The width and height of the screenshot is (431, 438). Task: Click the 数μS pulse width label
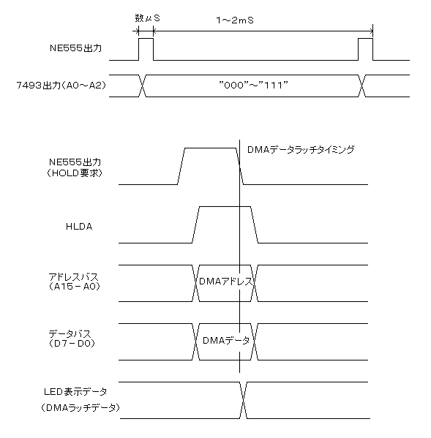tap(147, 18)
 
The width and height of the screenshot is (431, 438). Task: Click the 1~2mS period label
tap(235, 20)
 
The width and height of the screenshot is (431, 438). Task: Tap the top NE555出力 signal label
tap(75, 48)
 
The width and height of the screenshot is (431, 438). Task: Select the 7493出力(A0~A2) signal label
tap(61, 86)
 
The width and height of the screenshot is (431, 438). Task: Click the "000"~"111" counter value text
tap(253, 85)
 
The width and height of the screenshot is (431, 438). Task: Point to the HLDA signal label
tap(79, 227)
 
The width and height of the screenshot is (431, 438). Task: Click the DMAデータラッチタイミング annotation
tap(301, 150)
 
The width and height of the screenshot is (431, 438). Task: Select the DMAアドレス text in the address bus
tap(226, 281)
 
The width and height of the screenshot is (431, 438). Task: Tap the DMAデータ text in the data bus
tap(226, 340)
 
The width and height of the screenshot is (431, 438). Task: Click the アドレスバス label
tap(73, 277)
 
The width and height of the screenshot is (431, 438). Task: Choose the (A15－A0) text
tap(74, 287)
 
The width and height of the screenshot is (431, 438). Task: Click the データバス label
tap(70, 334)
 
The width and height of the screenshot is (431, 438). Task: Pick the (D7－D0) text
tap(72, 343)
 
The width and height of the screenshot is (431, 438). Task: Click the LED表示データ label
tap(75, 392)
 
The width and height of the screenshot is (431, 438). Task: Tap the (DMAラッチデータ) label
tap(80, 408)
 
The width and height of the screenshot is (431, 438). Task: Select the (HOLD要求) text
tap(75, 173)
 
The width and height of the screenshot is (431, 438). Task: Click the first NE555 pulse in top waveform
tap(146, 39)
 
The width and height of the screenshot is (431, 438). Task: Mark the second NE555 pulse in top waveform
tap(366, 39)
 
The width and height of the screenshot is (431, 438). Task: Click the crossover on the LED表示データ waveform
tap(244, 400)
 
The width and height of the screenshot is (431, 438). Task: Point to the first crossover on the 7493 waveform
tap(143, 86)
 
